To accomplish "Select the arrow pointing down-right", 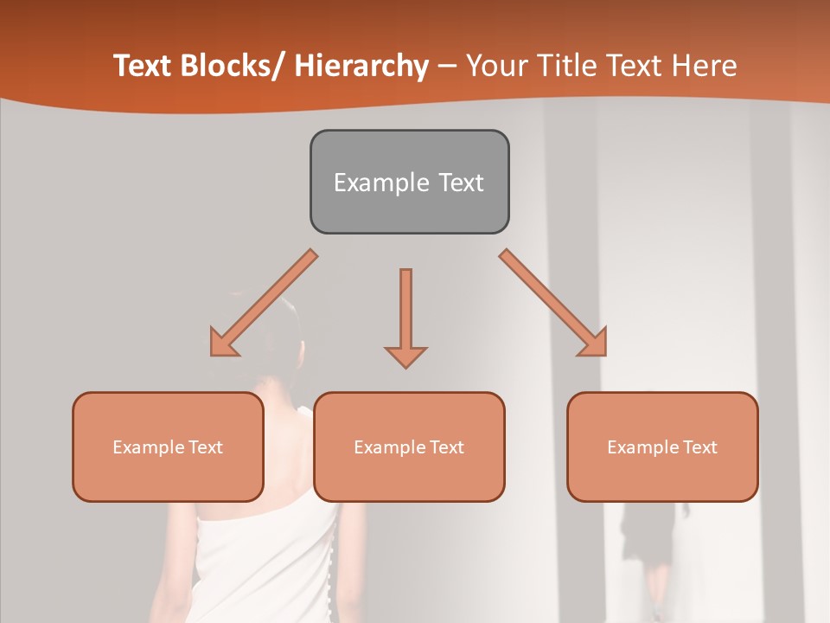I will coord(554,304).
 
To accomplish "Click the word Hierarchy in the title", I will coord(361,66).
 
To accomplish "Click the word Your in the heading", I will coord(495,66).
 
